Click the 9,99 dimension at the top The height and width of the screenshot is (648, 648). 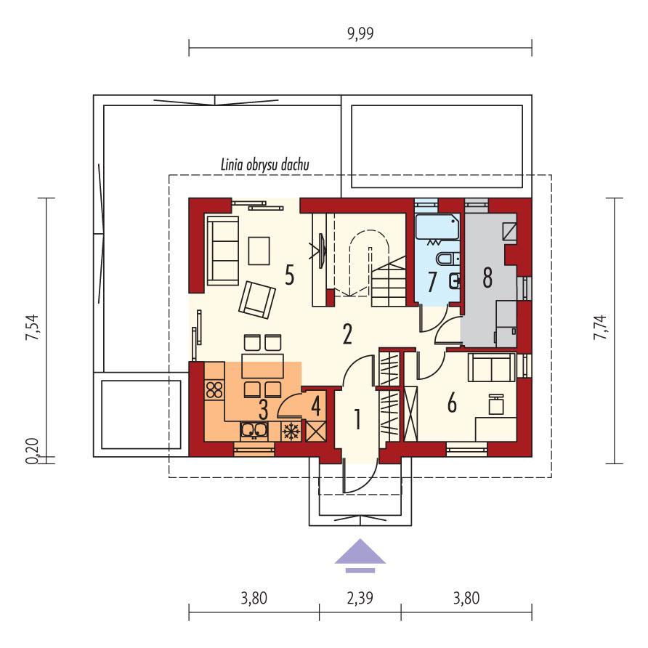[360, 33]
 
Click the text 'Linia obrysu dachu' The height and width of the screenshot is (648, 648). [265, 165]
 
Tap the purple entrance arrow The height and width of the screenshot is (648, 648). [360, 553]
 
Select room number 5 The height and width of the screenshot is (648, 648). [289, 276]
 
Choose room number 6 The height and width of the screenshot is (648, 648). [452, 402]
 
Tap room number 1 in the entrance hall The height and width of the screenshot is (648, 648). [357, 418]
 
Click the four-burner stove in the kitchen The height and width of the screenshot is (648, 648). [214, 390]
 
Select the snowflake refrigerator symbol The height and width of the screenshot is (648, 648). [291, 431]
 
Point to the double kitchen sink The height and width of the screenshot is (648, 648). [254, 431]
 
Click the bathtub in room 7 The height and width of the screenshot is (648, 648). [438, 227]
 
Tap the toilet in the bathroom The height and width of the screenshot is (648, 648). [445, 259]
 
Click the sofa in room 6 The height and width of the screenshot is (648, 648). [492, 368]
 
